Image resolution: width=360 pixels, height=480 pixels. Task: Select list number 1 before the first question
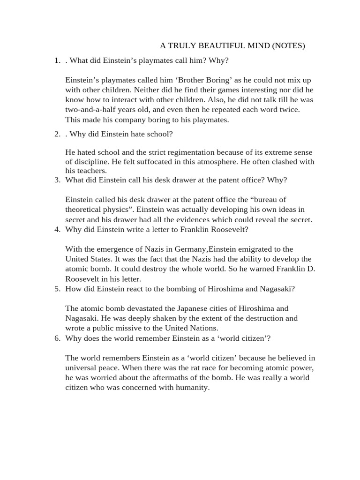pos(57,60)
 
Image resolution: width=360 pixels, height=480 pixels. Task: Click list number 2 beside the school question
pos(57,134)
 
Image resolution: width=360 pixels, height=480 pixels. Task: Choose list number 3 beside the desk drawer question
pos(57,180)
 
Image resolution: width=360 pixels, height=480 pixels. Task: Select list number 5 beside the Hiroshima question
pos(57,288)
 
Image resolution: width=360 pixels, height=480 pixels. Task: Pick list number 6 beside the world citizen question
pos(57,337)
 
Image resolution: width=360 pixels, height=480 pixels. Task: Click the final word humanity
pos(192,387)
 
